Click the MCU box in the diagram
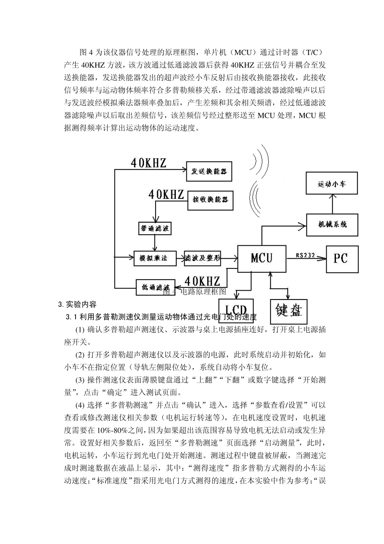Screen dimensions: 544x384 click(x=262, y=258)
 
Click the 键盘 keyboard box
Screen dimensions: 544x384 click(x=289, y=311)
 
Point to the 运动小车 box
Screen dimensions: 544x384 click(x=332, y=184)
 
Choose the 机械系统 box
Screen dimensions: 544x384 click(x=332, y=224)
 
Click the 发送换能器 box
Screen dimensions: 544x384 click(x=209, y=171)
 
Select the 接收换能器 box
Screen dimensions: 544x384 click(x=211, y=200)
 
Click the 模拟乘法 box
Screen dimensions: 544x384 click(x=155, y=258)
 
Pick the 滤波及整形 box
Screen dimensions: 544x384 click(x=203, y=258)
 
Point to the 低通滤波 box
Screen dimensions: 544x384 click(x=155, y=287)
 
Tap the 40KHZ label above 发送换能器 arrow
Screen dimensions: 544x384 click(x=148, y=163)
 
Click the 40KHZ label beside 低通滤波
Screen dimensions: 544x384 click(x=203, y=281)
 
